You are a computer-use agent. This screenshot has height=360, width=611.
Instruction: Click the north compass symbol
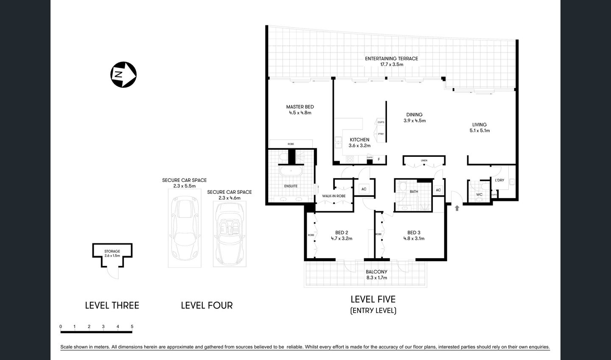coord(123,75)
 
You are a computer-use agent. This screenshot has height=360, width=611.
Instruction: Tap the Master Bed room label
coord(300,110)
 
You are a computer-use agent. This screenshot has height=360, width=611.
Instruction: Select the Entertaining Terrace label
coord(391,61)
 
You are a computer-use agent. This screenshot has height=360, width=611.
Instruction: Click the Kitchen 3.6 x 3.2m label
coord(359,142)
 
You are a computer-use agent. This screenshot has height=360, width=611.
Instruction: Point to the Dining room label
coord(414,117)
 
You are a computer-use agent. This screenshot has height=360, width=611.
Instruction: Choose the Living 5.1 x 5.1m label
coord(479,128)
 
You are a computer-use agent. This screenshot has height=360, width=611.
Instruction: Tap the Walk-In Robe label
coord(334,196)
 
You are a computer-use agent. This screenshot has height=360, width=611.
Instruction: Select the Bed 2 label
coord(342,235)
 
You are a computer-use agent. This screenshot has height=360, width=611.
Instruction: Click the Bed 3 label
coord(414,235)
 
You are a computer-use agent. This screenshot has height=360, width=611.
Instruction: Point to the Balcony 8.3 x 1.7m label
coord(376,275)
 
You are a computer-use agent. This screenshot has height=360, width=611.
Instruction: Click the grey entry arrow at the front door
coord(457,208)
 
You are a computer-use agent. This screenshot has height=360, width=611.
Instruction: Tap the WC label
coord(479,195)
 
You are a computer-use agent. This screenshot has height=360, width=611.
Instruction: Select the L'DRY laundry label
coord(499,180)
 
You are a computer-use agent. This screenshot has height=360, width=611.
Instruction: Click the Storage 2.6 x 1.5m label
coord(112,254)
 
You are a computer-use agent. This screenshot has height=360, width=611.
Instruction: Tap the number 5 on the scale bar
coord(132,327)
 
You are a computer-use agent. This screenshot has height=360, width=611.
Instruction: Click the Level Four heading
coord(207,305)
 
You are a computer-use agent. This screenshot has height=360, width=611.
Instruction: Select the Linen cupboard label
coord(424,161)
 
